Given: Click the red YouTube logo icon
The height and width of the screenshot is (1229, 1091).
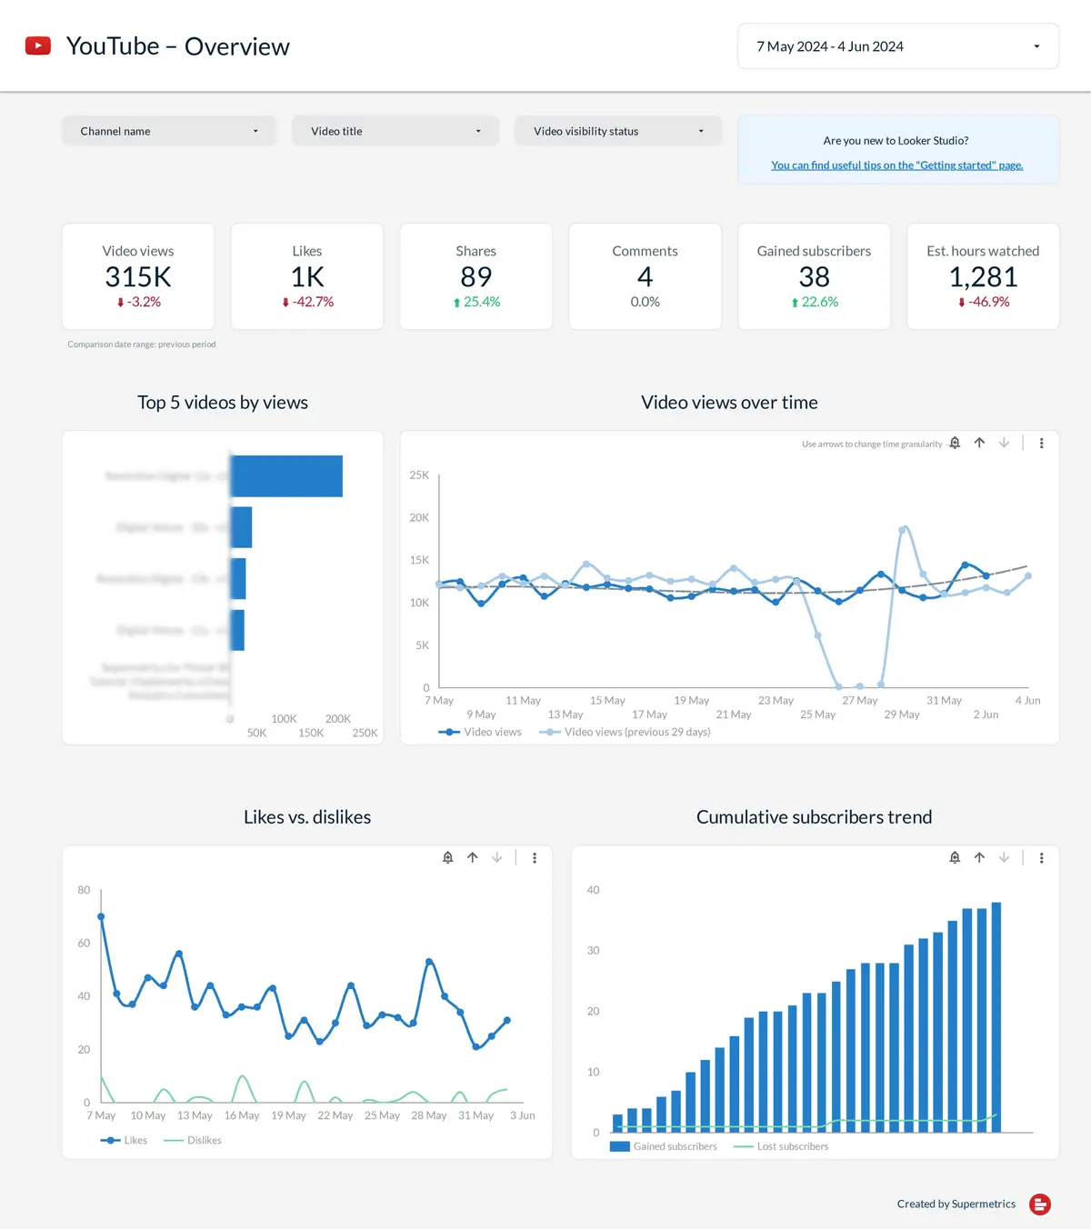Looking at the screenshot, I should pyautogui.click(x=38, y=45).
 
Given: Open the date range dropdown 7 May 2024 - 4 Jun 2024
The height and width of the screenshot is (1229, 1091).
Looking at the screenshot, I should pyautogui.click(x=897, y=46).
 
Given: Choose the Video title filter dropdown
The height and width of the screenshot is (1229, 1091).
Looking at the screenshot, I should pyautogui.click(x=395, y=131).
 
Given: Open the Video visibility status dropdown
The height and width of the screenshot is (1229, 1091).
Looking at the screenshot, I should pyautogui.click(x=617, y=131).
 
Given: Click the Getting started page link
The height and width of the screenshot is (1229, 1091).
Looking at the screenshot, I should pyautogui.click(x=896, y=165).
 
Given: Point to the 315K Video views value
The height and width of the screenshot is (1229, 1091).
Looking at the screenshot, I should pyautogui.click(x=138, y=276).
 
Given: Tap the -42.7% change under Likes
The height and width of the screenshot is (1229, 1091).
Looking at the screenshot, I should pyautogui.click(x=308, y=302).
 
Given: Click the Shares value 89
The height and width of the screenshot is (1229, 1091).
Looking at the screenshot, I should pyautogui.click(x=475, y=276).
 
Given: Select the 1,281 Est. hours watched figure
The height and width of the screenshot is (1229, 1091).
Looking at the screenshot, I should pyautogui.click(x=983, y=276).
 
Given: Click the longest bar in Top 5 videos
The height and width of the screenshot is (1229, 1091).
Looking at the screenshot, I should pyautogui.click(x=286, y=476).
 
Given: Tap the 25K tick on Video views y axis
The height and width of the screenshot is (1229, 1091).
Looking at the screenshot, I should pyautogui.click(x=419, y=475).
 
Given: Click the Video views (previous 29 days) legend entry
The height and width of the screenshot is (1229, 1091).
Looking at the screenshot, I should pyautogui.click(x=636, y=732).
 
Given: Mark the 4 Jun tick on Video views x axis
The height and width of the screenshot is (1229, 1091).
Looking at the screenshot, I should pyautogui.click(x=1027, y=701).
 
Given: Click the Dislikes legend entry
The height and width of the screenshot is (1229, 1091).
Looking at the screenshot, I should pyautogui.click(x=204, y=1140).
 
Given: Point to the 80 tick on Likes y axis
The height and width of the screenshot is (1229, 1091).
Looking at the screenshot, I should pyautogui.click(x=84, y=890).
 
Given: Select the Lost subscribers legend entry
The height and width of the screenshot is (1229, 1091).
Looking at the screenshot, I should pyautogui.click(x=792, y=1146).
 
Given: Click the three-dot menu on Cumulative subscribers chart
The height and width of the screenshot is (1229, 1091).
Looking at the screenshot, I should pyautogui.click(x=1041, y=857).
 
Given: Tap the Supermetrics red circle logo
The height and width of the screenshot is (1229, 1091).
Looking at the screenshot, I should pyautogui.click(x=1040, y=1204).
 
